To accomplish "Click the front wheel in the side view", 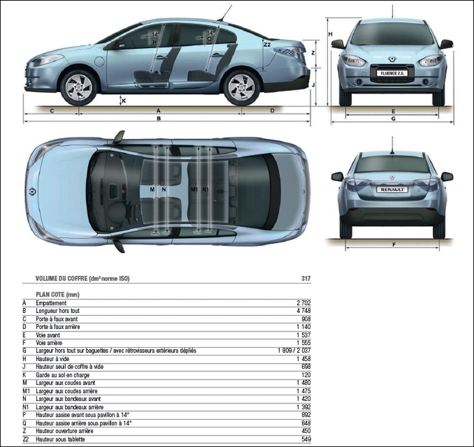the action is pos(79,88).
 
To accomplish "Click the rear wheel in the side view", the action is pos(241,88).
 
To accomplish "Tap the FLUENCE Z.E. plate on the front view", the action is pos(392,73).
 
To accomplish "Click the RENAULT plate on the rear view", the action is pos(392,189).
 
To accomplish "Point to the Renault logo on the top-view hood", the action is pos(32,191).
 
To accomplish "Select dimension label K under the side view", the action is pos(124,101).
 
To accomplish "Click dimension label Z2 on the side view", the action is pos(267,45).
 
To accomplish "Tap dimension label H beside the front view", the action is pos(331,34).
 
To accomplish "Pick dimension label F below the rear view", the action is pos(394,244).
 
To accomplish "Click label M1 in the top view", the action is pos(194,189).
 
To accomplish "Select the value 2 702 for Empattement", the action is pos(303,303).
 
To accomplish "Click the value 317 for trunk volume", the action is pos(306,278).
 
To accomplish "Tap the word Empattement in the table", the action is pos(51,303).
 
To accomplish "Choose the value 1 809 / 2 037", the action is pos(294,350).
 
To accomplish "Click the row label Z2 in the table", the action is pos(26,439).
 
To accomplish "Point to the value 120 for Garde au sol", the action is pos(306,375).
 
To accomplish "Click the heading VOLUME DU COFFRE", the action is pos(61,278).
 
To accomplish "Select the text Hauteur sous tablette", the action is pos(60,439).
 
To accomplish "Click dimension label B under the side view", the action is pos(159,119).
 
